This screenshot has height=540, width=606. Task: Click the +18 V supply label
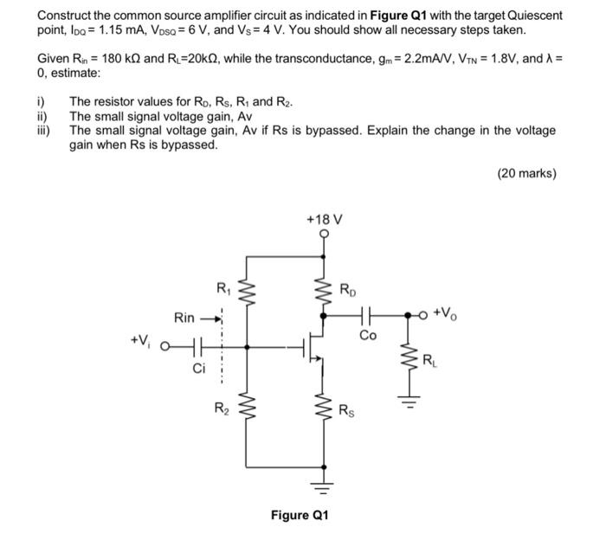pos(325,220)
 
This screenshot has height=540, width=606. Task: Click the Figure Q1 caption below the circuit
pos(300,515)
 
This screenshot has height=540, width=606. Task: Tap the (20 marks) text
pos(526,173)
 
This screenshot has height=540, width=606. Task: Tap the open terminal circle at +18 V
pos(326,235)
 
